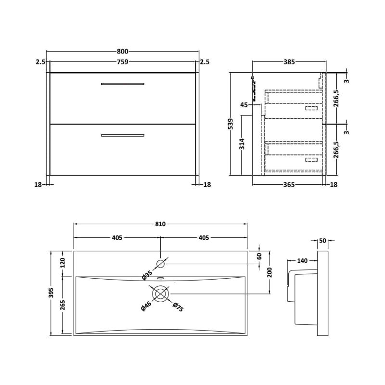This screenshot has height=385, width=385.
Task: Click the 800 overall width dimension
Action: click(123, 51)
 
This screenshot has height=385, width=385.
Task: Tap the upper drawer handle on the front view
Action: click(123, 84)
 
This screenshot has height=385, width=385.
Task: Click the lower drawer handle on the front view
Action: click(123, 135)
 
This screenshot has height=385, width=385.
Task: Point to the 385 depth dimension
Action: click(288, 62)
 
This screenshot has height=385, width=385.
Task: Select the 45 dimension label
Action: click(244, 105)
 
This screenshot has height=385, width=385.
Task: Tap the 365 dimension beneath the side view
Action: click(288, 184)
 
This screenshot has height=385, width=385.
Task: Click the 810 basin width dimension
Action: click(160, 224)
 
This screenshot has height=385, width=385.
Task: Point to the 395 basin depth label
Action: click(52, 293)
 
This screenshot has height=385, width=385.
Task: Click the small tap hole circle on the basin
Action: click(160, 263)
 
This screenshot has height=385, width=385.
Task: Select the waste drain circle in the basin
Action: click(160, 294)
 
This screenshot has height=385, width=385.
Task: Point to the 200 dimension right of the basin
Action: click(269, 272)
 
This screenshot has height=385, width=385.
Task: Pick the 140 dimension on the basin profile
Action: click(302, 261)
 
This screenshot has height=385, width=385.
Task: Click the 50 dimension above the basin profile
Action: click(322, 241)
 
